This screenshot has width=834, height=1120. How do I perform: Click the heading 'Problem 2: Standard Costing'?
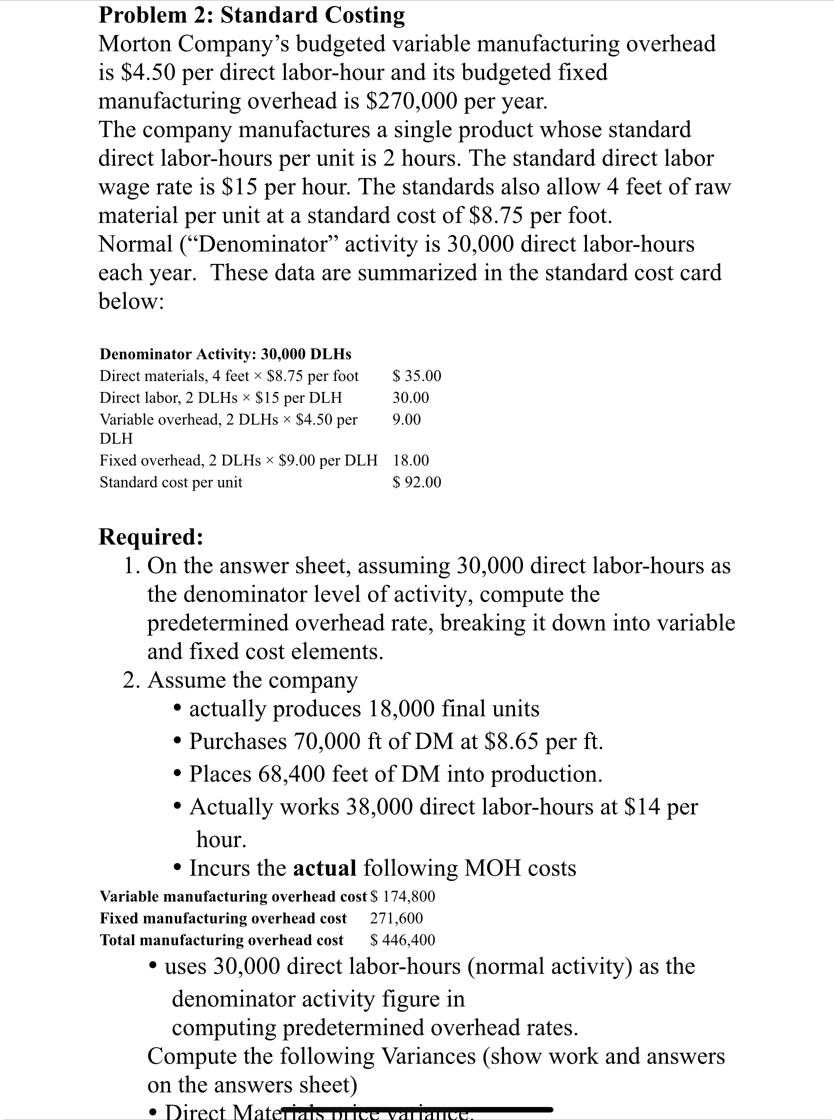(251, 15)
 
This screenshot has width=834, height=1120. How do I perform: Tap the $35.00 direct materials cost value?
(417, 375)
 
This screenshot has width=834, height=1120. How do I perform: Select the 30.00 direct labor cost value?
(411, 397)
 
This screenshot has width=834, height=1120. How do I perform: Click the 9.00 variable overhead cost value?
(407, 419)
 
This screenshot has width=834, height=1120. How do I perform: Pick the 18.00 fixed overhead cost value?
(411, 460)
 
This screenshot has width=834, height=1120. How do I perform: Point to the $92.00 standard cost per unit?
(417, 482)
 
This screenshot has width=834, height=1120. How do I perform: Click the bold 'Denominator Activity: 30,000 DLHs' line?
(225, 354)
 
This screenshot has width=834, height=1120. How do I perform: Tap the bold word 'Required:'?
(151, 536)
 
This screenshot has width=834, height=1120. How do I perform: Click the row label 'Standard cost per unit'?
(170, 482)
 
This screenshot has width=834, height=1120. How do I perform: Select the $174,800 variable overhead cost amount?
(403, 896)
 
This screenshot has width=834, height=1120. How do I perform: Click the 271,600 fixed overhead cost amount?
(396, 918)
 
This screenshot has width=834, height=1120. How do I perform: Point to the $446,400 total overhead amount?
(403, 940)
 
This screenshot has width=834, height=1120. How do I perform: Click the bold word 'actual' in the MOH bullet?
(324, 868)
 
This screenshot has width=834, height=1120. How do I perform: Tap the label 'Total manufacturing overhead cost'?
(221, 940)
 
